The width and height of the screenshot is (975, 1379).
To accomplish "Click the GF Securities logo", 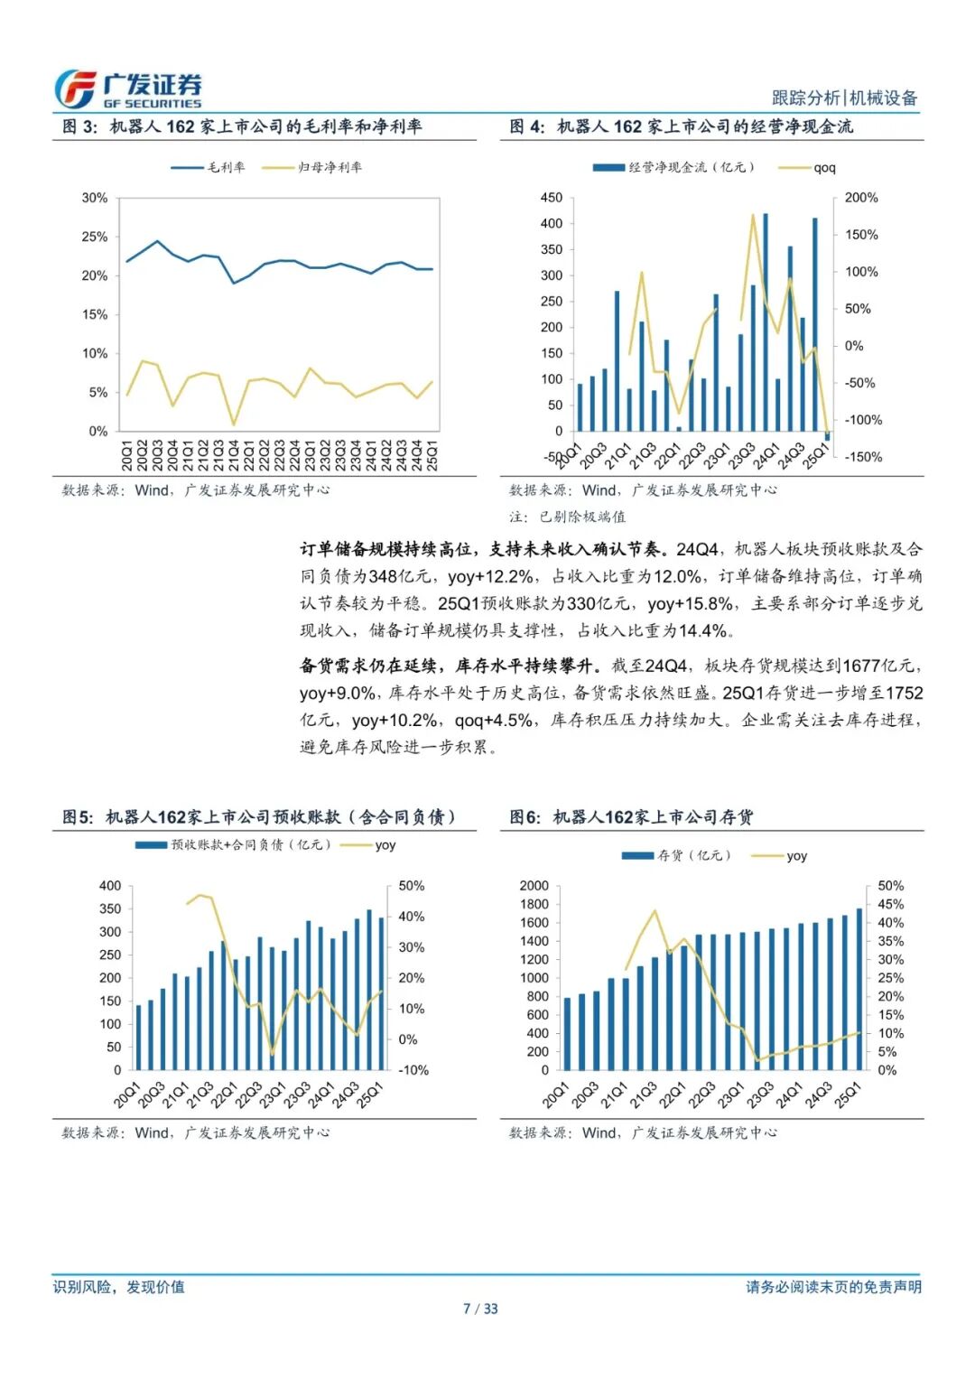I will coord(126,89).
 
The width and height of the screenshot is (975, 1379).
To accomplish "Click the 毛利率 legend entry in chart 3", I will coord(209,167).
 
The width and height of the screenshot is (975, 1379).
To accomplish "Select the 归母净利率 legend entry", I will coord(312,167).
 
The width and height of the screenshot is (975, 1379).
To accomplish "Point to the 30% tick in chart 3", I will coord(94,198).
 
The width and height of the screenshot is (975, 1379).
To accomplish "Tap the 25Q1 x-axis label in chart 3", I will coord(432,454).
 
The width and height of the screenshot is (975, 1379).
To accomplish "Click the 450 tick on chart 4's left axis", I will coord(551,198).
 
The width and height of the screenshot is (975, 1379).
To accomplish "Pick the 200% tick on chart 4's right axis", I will coord(860,198).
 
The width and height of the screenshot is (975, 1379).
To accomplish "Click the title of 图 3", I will coord(242,126).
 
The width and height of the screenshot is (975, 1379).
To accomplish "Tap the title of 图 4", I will coord(682,126).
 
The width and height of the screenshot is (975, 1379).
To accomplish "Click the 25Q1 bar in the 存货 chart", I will coord(859,990).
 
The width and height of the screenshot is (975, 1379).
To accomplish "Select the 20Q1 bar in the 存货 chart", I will coord(567,1033).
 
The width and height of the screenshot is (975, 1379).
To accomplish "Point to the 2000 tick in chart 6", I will coord(534,886).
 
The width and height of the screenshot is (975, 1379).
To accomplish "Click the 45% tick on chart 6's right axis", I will coord(890,904).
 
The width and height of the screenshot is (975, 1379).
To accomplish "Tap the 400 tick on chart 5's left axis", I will coord(109,886).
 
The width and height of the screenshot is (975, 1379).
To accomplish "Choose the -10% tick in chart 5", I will coord(413,1070).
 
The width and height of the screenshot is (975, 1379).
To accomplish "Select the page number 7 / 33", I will coord(480,1309).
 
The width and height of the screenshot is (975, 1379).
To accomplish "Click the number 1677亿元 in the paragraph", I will coord(879,666).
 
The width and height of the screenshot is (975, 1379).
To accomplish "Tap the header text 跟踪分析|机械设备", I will coord(844,98).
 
